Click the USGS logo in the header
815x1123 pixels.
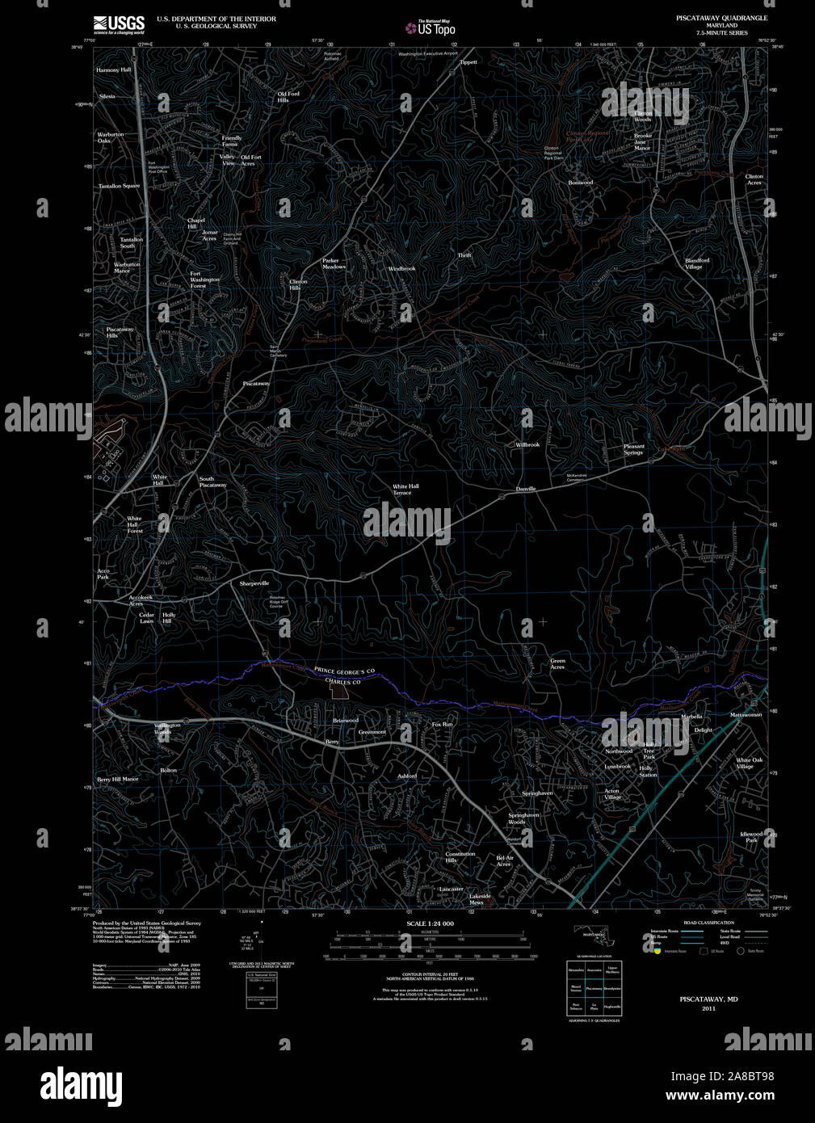119,25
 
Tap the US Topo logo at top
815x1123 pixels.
431,28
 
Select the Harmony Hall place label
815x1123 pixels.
113,70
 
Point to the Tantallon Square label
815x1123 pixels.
120,186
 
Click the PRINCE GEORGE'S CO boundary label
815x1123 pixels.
345,671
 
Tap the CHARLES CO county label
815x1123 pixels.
342,682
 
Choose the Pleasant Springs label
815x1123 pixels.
634,449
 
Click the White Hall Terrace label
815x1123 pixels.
405,490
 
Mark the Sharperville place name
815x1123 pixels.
254,583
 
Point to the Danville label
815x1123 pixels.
526,489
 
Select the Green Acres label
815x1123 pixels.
557,664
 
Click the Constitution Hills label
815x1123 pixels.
460,857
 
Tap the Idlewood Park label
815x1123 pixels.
751,837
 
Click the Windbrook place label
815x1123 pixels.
401,268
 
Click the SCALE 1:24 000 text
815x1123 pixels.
430,923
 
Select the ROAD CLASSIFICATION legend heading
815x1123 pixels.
708,923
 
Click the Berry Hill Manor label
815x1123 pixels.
118,779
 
